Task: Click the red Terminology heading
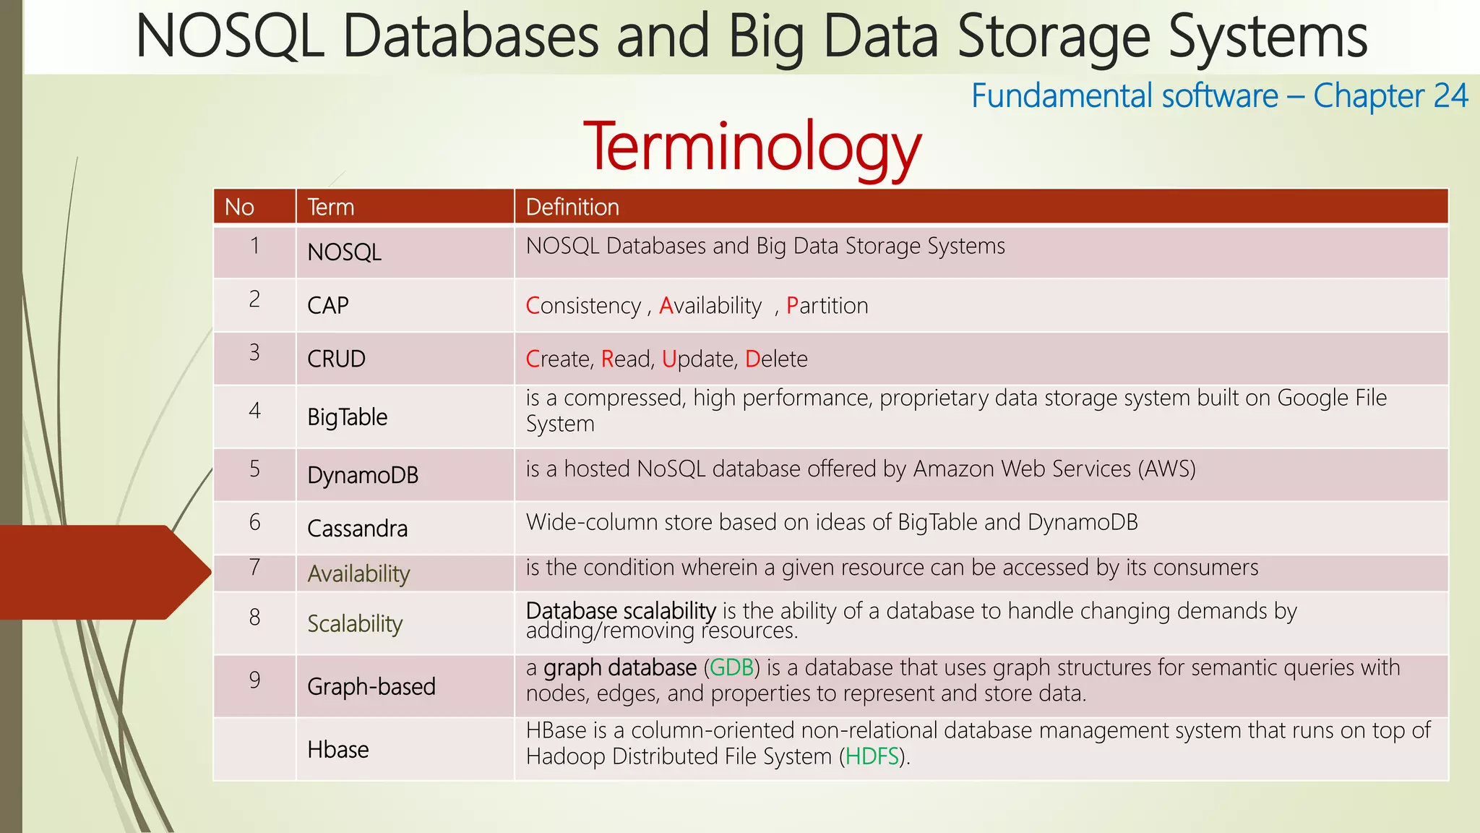(x=752, y=147)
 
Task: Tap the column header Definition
(x=572, y=208)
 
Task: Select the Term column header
(x=331, y=208)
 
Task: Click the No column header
(x=239, y=208)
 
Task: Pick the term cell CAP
(x=328, y=306)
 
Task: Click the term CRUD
(x=336, y=359)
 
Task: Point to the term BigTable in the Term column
(x=347, y=417)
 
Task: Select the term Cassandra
(x=357, y=529)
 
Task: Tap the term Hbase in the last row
(x=337, y=750)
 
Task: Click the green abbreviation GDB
(x=731, y=667)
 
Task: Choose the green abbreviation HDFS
(x=872, y=757)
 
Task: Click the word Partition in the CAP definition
(x=827, y=306)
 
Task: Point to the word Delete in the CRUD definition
(x=776, y=359)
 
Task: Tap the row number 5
(x=254, y=469)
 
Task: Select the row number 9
(x=254, y=680)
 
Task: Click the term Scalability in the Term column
(x=355, y=623)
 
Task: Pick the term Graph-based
(x=371, y=686)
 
